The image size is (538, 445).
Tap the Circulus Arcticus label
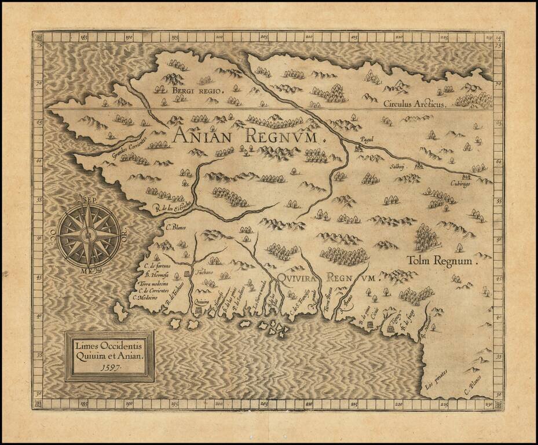[415, 104]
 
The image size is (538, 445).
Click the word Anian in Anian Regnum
[204, 137]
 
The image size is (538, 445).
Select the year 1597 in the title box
[110, 366]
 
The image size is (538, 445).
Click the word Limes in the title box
[86, 346]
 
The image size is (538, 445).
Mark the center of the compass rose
[89, 235]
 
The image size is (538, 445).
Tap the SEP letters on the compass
[87, 199]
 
